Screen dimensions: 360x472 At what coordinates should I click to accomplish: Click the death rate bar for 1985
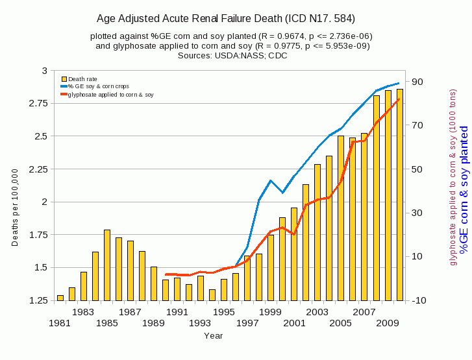(x=107, y=265)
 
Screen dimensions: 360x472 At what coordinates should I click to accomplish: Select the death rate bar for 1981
(x=60, y=298)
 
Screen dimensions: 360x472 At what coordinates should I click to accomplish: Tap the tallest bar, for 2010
(x=399, y=195)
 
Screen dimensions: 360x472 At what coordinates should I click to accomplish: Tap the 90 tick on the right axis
(x=416, y=82)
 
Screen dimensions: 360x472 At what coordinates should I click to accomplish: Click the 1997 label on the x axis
(x=247, y=322)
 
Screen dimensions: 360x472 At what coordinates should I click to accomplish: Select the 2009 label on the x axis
(x=388, y=322)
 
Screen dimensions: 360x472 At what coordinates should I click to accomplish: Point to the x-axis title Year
(x=213, y=335)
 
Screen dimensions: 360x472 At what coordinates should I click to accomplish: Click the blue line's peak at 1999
(x=271, y=180)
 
